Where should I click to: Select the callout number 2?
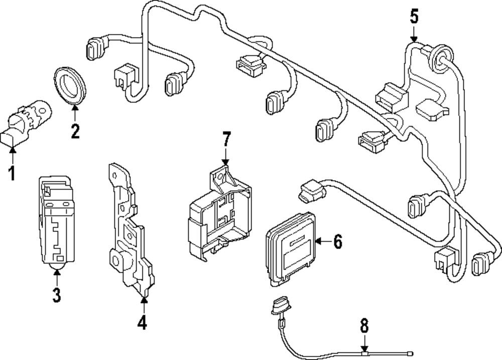[75, 131]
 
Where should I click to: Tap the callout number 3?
[56, 295]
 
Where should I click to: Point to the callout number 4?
[143, 322]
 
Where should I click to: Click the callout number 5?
[414, 17]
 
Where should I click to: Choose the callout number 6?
[337, 242]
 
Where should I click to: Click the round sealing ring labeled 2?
[69, 84]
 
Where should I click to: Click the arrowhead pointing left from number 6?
[319, 242]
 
